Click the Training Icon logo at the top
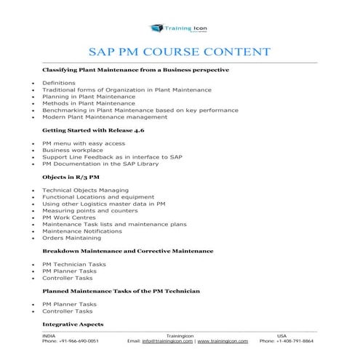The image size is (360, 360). [x=179, y=28]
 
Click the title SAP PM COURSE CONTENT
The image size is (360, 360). [x=180, y=52]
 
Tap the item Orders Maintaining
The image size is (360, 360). [x=72, y=238]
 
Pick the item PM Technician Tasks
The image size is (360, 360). [x=74, y=264]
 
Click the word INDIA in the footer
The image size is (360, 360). [x=49, y=335]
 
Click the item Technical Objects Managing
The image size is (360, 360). [x=85, y=191]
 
